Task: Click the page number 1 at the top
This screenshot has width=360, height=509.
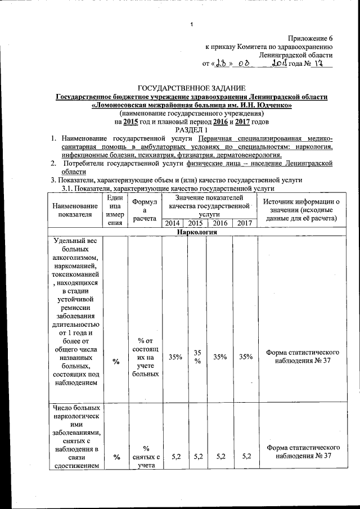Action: (x=192, y=24)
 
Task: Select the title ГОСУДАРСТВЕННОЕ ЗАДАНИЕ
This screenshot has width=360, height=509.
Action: (x=191, y=88)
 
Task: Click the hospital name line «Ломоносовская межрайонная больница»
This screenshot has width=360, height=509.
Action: (x=191, y=105)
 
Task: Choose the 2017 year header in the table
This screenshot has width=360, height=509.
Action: (x=244, y=224)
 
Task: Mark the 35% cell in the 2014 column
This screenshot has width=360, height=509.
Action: (x=173, y=357)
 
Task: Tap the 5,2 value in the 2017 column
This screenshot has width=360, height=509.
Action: (x=244, y=457)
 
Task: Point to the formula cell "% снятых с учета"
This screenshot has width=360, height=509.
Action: (x=145, y=457)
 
